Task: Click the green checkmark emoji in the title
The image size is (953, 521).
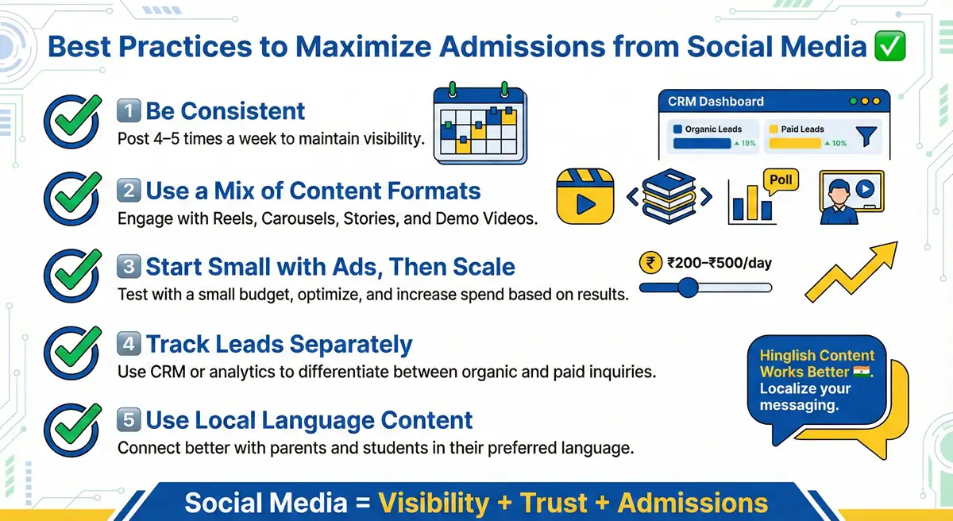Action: [889, 47]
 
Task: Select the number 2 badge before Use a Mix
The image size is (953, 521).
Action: [128, 191]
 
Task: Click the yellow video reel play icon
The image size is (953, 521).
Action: [587, 195]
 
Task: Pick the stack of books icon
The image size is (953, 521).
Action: [669, 195]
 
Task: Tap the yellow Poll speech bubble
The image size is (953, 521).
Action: [781, 179]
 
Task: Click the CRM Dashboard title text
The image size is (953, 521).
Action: [716, 102]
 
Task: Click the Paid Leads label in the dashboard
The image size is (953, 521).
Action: [803, 129]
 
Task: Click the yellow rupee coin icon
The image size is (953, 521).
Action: [650, 263]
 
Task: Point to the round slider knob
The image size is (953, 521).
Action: [688, 288]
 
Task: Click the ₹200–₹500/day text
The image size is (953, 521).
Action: [720, 263]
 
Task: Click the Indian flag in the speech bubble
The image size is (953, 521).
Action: [861, 372]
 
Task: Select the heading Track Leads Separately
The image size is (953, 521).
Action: [279, 344]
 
